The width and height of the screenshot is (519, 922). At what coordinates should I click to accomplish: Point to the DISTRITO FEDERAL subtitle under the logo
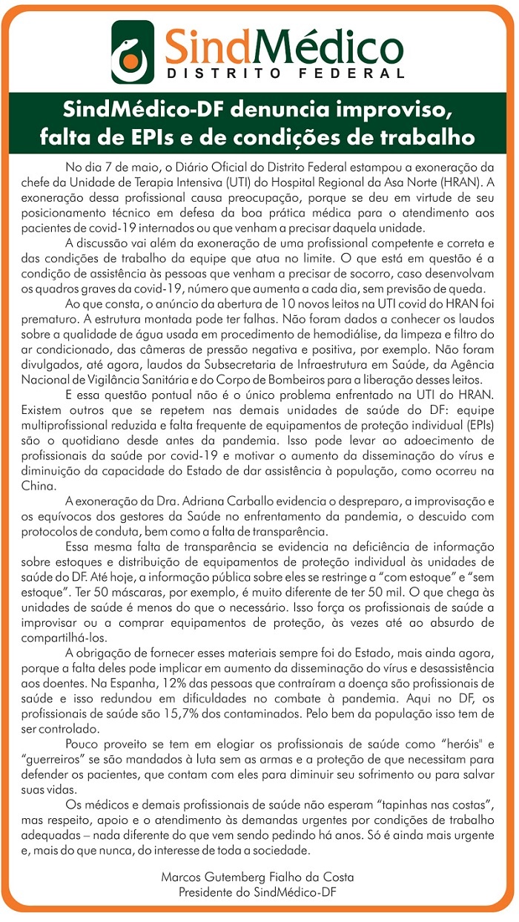285,73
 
